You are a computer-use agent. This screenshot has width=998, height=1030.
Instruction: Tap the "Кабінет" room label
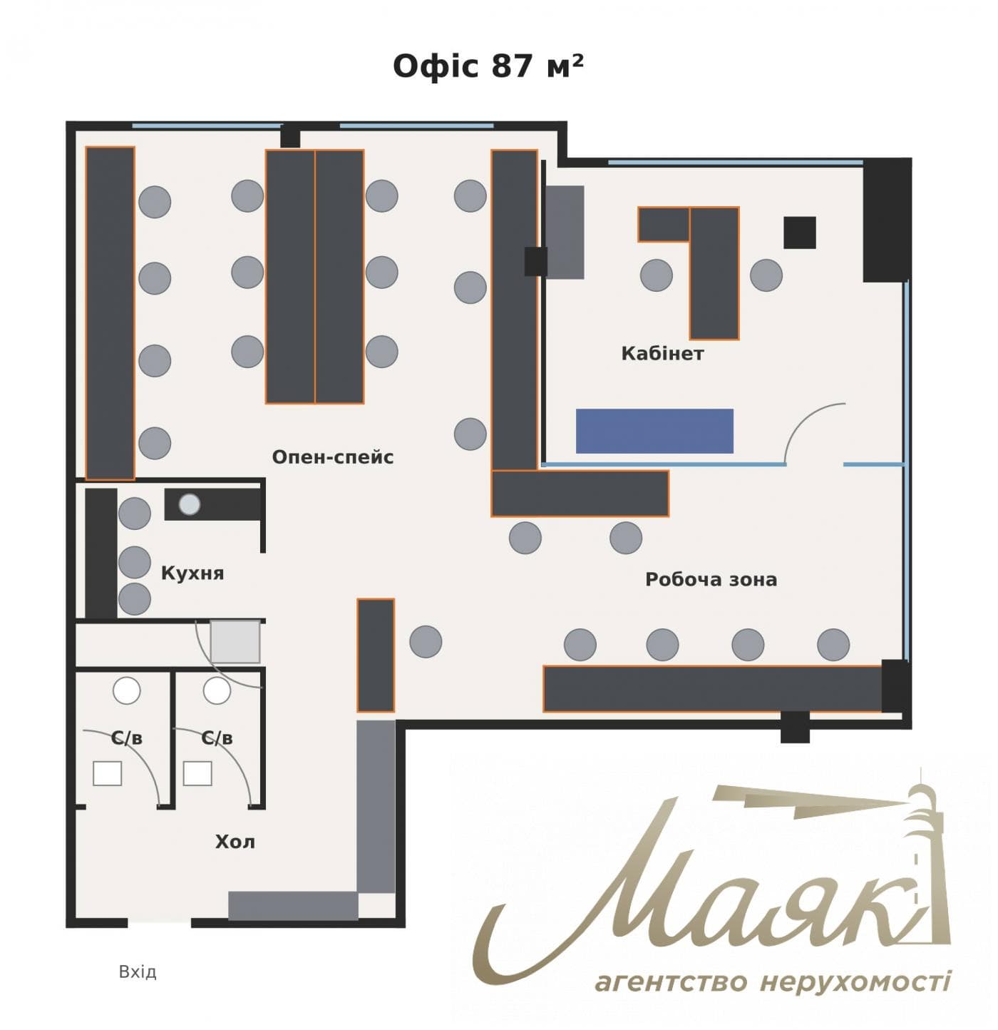coord(662,353)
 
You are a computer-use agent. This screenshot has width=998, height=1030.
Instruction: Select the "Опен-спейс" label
coord(333,457)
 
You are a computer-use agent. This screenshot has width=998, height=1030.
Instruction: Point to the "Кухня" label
coord(192,573)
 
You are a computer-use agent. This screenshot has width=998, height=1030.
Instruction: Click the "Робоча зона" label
coord(711,580)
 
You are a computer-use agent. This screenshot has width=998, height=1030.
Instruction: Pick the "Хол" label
coord(235,842)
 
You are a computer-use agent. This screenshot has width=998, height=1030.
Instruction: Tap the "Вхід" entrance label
coord(138,972)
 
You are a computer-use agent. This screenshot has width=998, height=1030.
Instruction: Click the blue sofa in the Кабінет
coord(654,431)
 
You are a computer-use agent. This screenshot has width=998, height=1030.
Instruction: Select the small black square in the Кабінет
coord(799,233)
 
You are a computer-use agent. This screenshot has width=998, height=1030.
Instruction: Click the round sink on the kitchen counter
coord(189,504)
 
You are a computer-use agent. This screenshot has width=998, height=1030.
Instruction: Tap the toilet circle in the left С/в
coord(126,690)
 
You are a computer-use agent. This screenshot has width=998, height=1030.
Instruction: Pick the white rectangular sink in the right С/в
coord(197,774)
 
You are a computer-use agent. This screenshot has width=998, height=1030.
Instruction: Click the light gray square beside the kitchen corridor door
coord(235,641)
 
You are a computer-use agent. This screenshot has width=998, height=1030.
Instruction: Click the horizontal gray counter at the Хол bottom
coord(293,906)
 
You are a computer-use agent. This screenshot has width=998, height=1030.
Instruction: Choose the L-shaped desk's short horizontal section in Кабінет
coord(663,225)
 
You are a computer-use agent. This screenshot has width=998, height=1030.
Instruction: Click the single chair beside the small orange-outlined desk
coord(426,641)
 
